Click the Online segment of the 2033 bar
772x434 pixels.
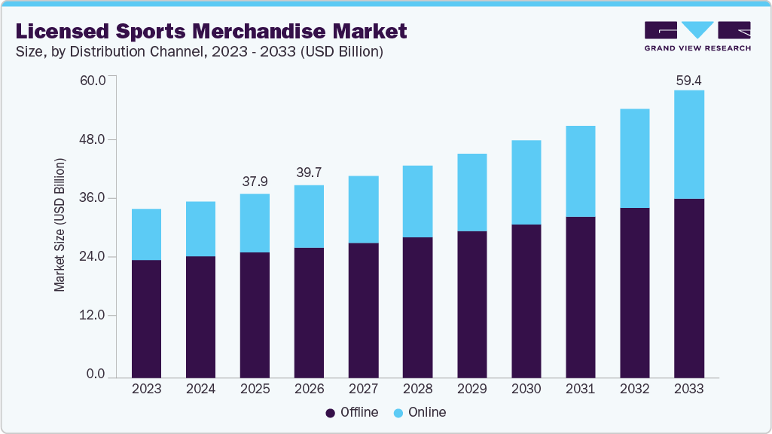coord(688,145)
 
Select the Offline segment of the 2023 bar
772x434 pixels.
coord(146,318)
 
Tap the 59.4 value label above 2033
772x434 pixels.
coord(688,80)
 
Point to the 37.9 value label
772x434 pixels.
coord(255,182)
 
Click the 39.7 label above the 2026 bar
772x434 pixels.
coord(309,173)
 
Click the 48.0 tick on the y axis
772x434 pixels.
coord(93,140)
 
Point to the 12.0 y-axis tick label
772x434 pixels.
coord(93,315)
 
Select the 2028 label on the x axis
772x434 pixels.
coord(417,389)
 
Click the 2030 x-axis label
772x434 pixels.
coord(526,389)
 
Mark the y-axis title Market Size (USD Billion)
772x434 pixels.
coord(60,226)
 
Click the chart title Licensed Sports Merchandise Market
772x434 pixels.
coord(210,31)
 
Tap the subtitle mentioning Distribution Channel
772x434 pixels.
coord(200,52)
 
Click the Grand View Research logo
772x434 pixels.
coord(697,36)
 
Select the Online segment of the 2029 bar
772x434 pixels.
coord(471,192)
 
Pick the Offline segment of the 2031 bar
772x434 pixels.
coord(580,297)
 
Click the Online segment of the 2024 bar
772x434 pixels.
coord(200,229)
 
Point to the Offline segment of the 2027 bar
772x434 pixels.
coord(363,310)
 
